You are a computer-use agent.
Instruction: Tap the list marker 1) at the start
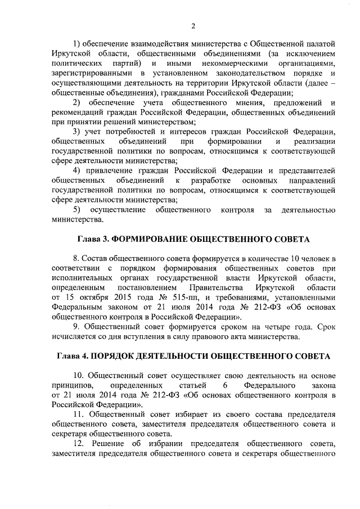[78, 43]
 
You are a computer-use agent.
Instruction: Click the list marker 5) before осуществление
[79, 210]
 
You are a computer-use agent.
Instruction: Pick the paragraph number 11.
[79, 414]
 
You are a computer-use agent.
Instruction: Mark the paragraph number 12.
[79, 444]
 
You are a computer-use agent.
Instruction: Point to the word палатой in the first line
[323, 43]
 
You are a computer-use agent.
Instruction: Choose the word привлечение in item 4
[114, 170]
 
